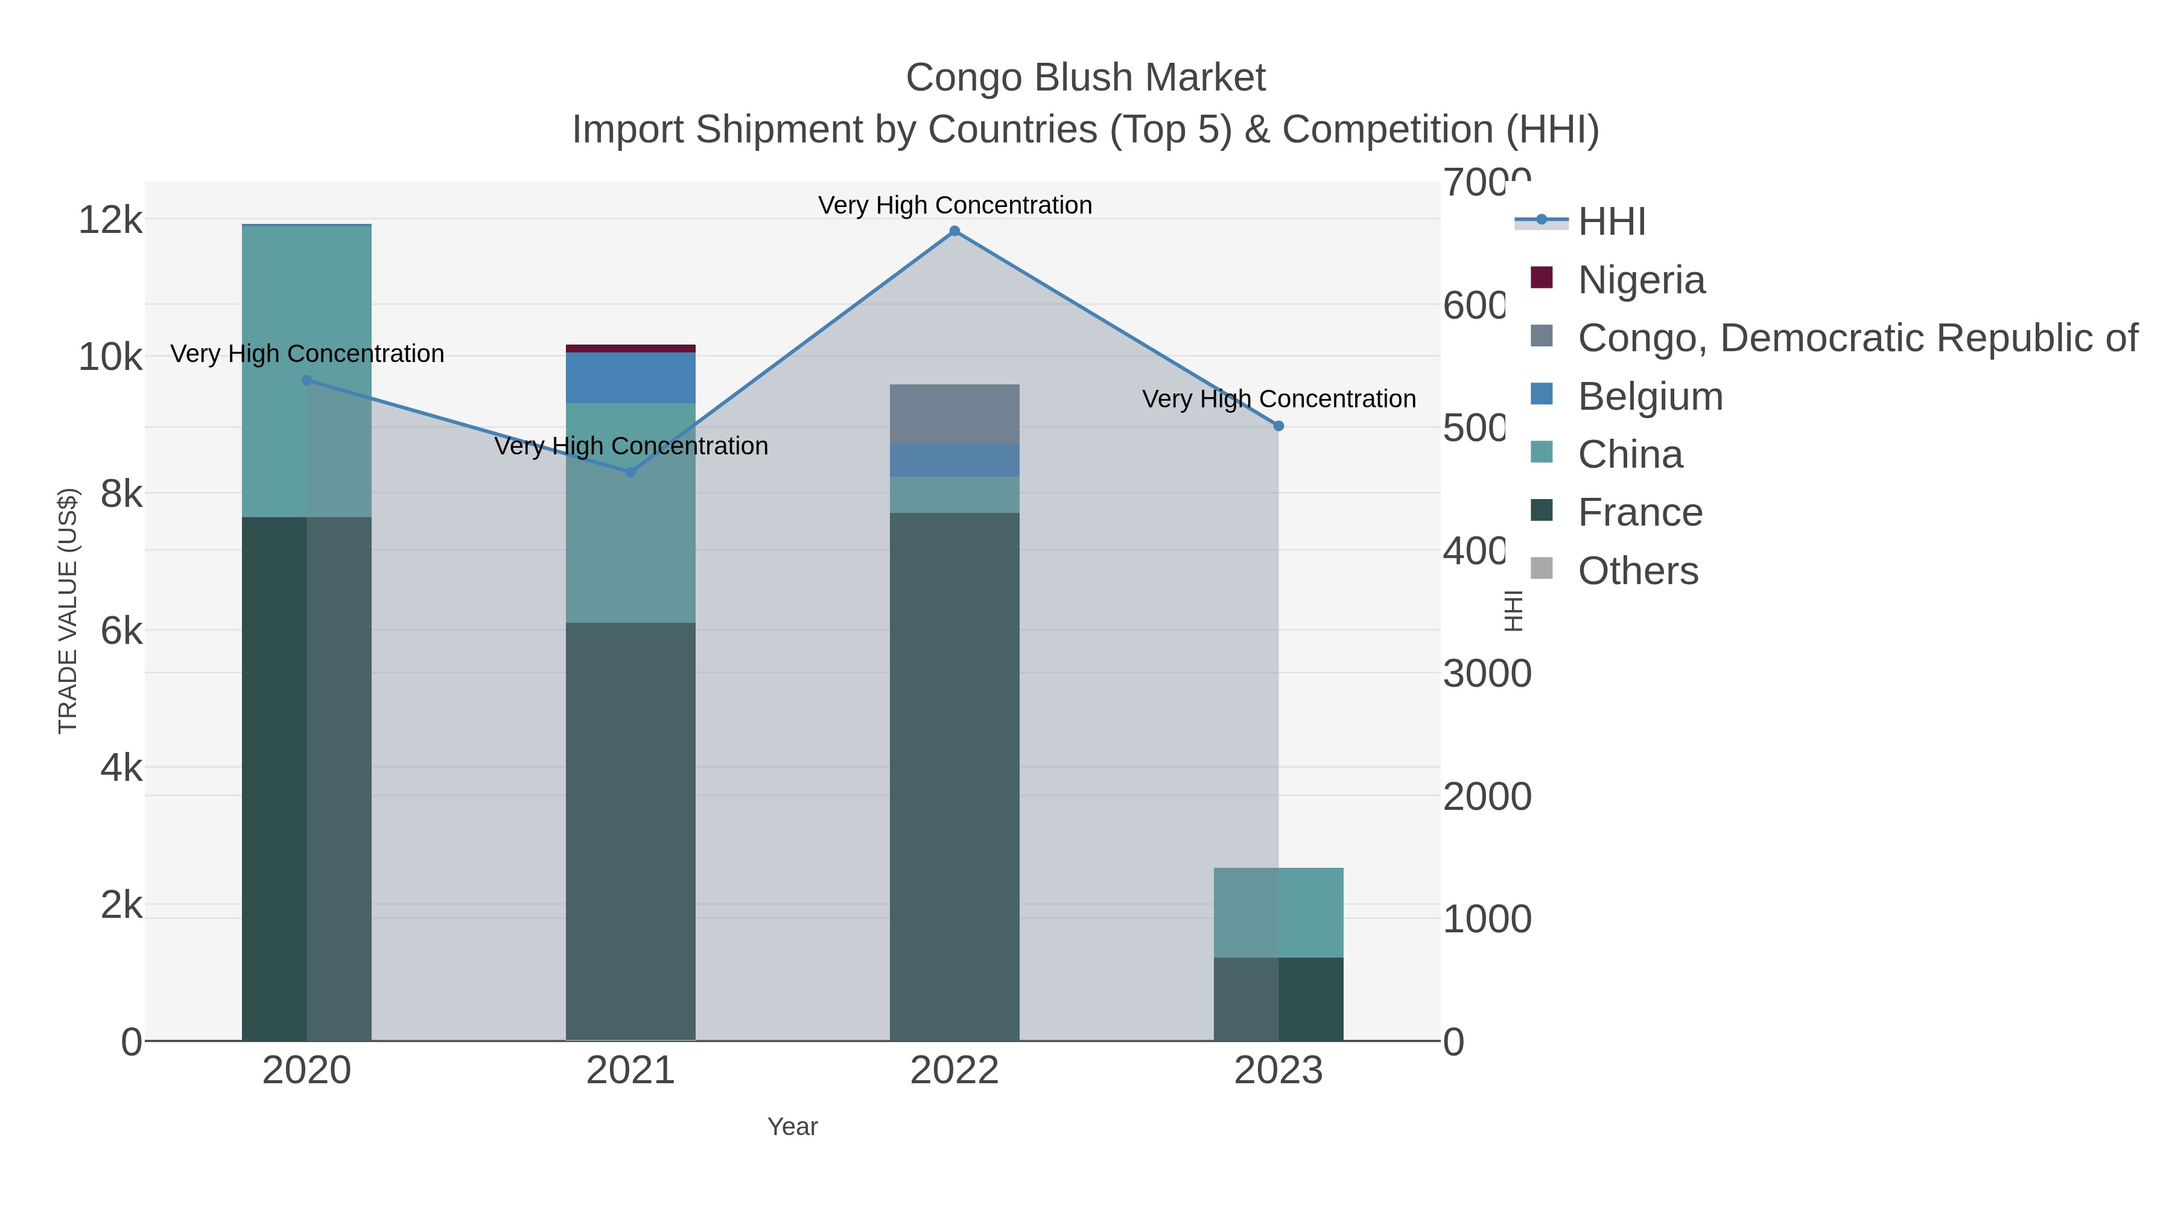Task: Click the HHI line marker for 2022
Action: [954, 231]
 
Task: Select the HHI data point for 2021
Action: [630, 473]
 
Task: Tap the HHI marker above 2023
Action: [1278, 426]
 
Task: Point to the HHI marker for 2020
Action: [307, 380]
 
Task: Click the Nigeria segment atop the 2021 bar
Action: [630, 348]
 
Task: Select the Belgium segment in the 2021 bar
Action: [630, 378]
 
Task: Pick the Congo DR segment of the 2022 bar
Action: [954, 414]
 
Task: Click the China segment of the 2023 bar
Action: [1278, 912]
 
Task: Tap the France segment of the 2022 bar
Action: [954, 776]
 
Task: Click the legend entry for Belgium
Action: [1650, 396]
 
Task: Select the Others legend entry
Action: [1637, 571]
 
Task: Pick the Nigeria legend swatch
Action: [1542, 278]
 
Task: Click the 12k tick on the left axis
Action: [110, 220]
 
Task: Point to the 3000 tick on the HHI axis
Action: [1487, 674]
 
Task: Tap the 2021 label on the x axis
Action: [630, 1071]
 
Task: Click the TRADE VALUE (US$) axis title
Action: [68, 611]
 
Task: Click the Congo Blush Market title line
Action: [1085, 78]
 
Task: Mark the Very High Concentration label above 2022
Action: [954, 205]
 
